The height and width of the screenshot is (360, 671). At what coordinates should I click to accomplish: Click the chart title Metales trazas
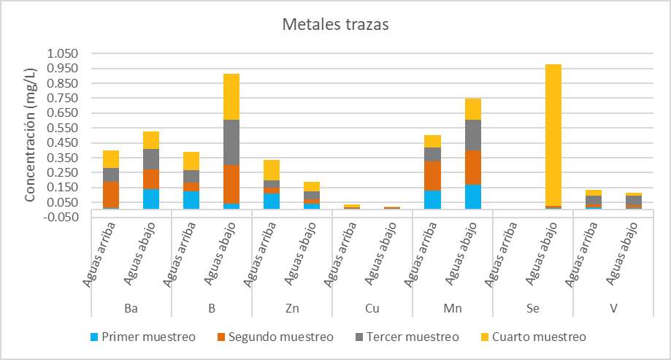tap(336, 24)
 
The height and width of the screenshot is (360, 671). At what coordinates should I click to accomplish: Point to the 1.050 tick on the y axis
tap(61, 53)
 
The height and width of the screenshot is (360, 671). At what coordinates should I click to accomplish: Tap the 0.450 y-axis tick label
tap(61, 142)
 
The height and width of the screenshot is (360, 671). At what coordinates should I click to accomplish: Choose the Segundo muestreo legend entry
tap(275, 337)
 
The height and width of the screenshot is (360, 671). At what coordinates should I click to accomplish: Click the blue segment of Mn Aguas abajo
tap(473, 196)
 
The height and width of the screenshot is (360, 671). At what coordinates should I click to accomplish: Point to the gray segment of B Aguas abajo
tap(231, 142)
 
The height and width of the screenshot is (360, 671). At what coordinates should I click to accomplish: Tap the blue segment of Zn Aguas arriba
tap(272, 201)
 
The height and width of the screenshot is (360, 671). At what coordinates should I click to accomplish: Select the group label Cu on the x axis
tap(372, 309)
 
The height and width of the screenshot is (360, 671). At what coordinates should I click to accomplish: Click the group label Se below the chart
tap(533, 309)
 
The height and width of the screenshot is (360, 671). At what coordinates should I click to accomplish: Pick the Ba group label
tap(131, 309)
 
